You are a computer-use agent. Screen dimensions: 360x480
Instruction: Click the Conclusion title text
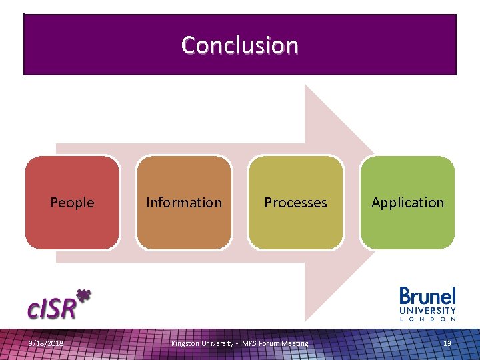tap(239, 45)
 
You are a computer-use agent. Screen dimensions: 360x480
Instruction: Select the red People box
tap(72, 227)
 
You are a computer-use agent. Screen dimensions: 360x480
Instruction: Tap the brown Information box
tap(184, 227)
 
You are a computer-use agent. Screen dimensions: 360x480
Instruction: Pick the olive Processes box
tap(295, 227)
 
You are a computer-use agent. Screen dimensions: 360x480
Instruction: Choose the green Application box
tap(407, 227)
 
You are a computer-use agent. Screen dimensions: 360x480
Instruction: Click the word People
tap(72, 203)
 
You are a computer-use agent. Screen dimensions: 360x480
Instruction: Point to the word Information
tap(184, 203)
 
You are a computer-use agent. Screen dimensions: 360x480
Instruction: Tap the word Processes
tap(295, 203)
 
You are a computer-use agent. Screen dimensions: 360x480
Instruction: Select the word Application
tap(407, 203)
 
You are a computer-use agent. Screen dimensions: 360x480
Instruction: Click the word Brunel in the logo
tap(427, 296)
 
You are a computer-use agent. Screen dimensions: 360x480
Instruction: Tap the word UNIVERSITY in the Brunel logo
tap(427, 311)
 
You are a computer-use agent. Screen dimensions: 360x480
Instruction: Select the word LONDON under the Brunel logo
tap(427, 319)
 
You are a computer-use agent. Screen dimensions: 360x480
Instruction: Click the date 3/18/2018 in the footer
tap(46, 343)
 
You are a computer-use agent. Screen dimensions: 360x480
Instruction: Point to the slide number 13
tap(447, 343)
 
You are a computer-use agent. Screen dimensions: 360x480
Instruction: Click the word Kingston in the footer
tap(185, 343)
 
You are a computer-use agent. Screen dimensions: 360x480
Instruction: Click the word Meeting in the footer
tap(295, 343)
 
